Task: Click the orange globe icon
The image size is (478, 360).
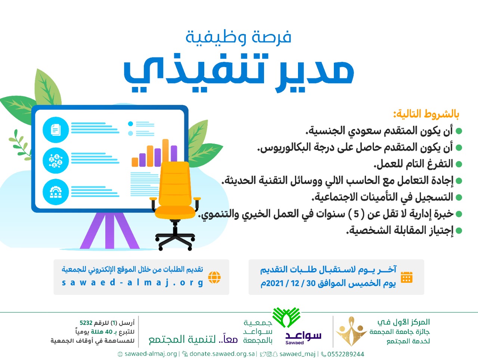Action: click(214, 277)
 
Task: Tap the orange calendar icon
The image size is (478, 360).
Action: click(407, 277)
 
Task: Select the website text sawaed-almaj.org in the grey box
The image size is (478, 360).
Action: click(133, 283)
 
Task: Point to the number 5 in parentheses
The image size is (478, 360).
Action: click(356, 214)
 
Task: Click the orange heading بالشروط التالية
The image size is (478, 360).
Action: click(426, 114)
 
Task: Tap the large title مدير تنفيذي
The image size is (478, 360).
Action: click(239, 72)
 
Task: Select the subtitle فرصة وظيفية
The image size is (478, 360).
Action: click(238, 37)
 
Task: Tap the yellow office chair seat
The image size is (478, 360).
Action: click(175, 212)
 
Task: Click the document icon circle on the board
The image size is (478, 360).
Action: click(56, 130)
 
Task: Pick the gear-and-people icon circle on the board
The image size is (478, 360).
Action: click(56, 192)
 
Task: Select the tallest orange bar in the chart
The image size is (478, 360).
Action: click(165, 153)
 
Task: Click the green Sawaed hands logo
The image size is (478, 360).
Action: click(286, 317)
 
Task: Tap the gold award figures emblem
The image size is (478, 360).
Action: click(351, 331)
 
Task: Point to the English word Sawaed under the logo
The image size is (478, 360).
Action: click(294, 342)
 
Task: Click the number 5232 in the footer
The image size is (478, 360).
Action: click(86, 323)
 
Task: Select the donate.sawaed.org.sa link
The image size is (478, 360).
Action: click(222, 354)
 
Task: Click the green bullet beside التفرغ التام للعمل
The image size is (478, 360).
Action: click(459, 164)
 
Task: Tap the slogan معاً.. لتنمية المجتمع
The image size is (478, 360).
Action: click(193, 339)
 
